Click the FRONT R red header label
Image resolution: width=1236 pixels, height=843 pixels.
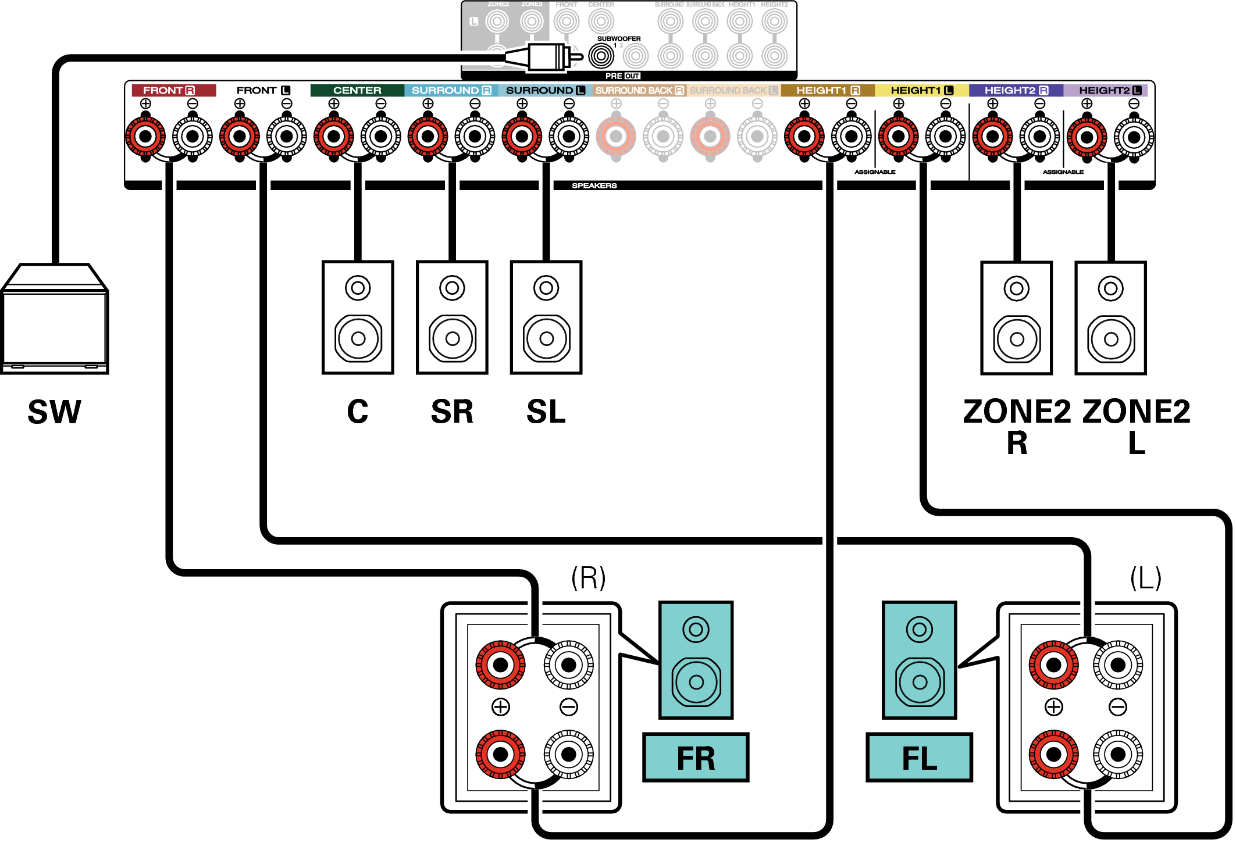[x=173, y=90]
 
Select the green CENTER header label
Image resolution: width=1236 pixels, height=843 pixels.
[x=357, y=90]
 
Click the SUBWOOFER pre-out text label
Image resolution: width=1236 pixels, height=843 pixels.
[x=618, y=39]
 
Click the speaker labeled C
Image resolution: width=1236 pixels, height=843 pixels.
[x=358, y=317]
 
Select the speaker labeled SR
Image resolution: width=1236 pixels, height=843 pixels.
[x=452, y=317]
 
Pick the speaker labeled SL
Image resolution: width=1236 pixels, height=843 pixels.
[x=546, y=317]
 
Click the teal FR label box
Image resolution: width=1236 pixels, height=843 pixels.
[x=695, y=758]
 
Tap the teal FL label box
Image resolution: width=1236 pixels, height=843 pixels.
[x=919, y=758]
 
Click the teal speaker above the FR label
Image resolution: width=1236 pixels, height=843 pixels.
[x=696, y=660]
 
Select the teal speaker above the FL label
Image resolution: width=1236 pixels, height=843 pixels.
[x=919, y=660]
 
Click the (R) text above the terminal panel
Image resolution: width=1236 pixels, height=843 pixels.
[x=588, y=578]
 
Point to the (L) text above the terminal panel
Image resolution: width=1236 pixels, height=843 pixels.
[x=1145, y=578]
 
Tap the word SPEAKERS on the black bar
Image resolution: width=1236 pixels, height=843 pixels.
[x=594, y=185]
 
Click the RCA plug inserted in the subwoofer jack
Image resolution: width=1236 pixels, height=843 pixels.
[x=544, y=57]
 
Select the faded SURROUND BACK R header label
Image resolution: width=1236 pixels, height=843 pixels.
[x=639, y=90]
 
